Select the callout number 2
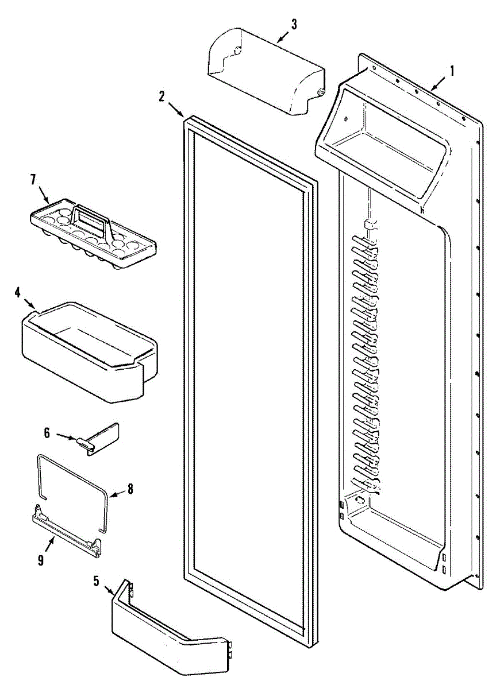click(x=163, y=96)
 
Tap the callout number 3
click(x=294, y=25)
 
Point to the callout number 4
click(x=18, y=292)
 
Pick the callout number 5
click(x=96, y=580)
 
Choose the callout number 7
click(x=33, y=179)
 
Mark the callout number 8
click(x=130, y=489)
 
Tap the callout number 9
click(x=41, y=561)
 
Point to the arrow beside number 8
click(x=116, y=493)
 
